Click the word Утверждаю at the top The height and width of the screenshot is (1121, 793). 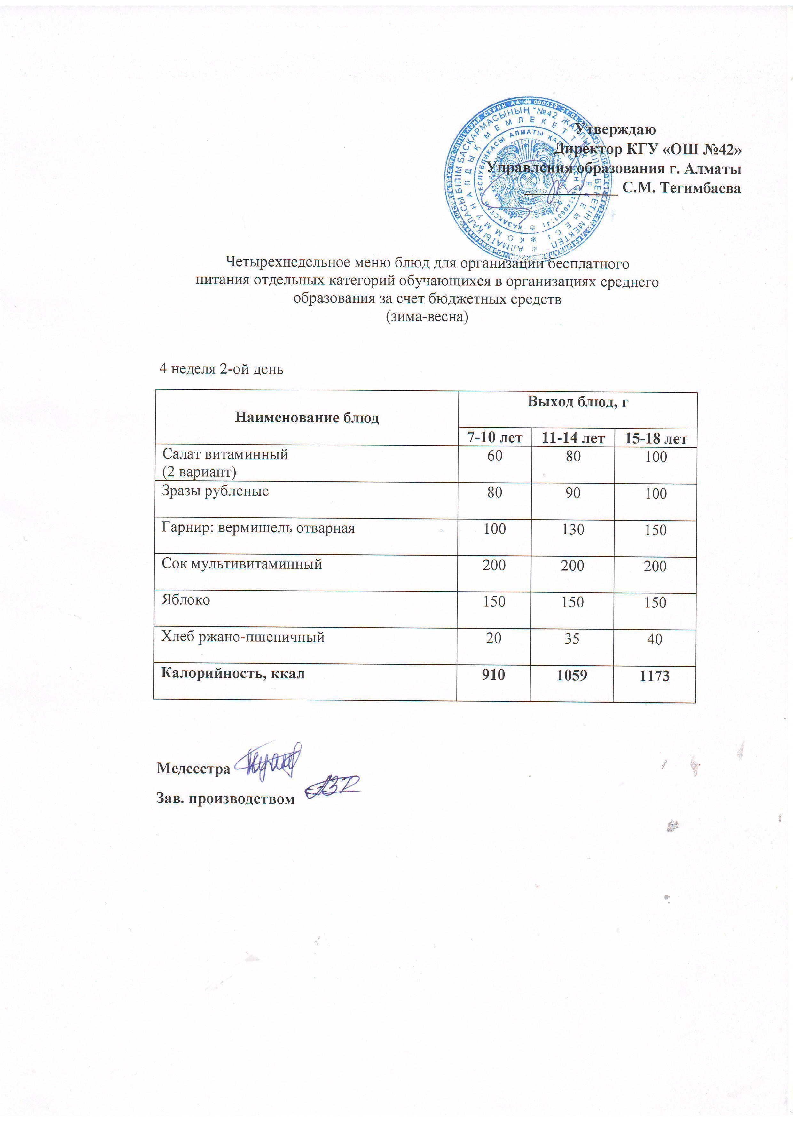tap(615, 129)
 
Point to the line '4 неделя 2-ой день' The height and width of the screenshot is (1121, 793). tap(221, 369)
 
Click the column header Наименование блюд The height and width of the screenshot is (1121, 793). tap(307, 417)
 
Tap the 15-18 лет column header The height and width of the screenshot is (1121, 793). tap(656, 438)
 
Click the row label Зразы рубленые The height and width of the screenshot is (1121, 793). tap(216, 491)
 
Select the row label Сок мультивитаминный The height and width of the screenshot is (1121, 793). tap(242, 564)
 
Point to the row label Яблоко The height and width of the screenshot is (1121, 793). tap(186, 600)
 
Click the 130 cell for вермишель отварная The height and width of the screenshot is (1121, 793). tap(573, 529)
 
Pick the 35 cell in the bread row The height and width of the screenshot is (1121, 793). tap(572, 638)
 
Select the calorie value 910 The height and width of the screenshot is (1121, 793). tap(493, 675)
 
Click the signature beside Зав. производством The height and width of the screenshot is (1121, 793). tap(332, 786)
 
